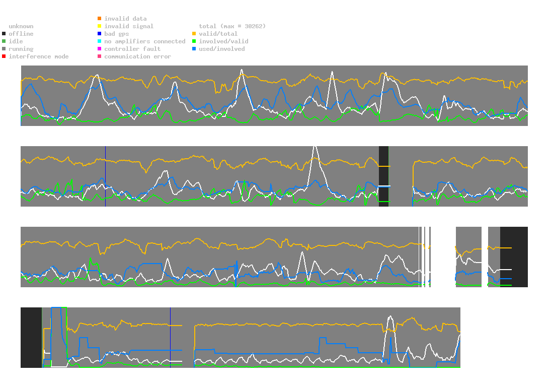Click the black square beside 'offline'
coord(4,34)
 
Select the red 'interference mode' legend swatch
coord(4,56)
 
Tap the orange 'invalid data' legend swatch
coord(100,18)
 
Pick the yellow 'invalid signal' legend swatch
coord(100,26)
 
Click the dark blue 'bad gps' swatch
coord(100,34)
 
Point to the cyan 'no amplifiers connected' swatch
coord(100,41)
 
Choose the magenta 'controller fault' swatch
coord(100,49)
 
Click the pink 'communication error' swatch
coord(100,56)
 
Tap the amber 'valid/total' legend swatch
coord(194,34)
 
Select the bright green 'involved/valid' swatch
coord(194,41)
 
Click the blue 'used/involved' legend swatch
coord(194,49)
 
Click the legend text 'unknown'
coord(21,26)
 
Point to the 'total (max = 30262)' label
coord(232,26)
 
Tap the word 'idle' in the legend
coord(16,41)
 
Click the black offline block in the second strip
coord(384,176)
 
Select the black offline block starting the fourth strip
coord(31,338)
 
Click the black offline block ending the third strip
coord(514,257)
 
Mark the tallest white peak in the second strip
coord(315,147)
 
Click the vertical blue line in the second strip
coord(106,176)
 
